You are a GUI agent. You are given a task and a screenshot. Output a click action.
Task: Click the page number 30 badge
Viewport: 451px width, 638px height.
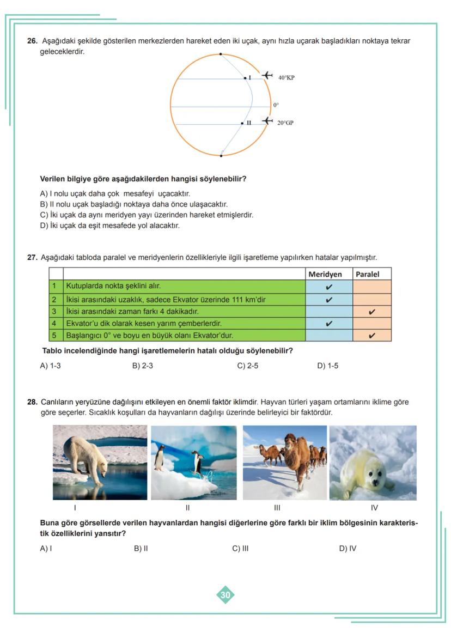[225, 595]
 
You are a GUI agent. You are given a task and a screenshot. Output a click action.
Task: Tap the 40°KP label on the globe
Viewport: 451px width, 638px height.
[286, 78]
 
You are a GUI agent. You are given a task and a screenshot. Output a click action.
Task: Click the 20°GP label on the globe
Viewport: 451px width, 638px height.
[285, 123]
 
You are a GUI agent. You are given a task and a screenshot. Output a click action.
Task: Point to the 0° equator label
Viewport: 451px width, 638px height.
[276, 105]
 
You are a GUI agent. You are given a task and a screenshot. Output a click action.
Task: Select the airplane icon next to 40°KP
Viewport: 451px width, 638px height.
[266, 75]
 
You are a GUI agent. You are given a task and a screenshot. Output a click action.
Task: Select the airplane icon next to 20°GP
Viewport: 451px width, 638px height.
[266, 120]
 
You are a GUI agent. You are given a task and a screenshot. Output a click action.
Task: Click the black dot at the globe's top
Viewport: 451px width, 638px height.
[221, 54]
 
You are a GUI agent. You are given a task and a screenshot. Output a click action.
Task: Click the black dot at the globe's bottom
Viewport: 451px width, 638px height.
[221, 156]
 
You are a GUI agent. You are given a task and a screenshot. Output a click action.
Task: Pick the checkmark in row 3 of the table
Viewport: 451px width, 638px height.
[371, 312]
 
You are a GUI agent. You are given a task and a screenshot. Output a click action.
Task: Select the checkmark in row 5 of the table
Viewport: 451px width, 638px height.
[371, 336]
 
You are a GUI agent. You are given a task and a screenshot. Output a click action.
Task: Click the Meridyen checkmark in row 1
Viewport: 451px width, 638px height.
[329, 287]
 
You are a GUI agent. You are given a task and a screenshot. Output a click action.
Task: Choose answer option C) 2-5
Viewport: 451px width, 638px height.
[247, 366]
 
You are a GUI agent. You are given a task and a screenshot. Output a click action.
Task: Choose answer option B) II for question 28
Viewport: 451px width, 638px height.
[141, 548]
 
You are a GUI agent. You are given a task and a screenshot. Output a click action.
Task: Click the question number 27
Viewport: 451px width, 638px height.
[32, 257]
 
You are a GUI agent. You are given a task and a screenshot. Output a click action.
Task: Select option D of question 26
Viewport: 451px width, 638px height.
[109, 225]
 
